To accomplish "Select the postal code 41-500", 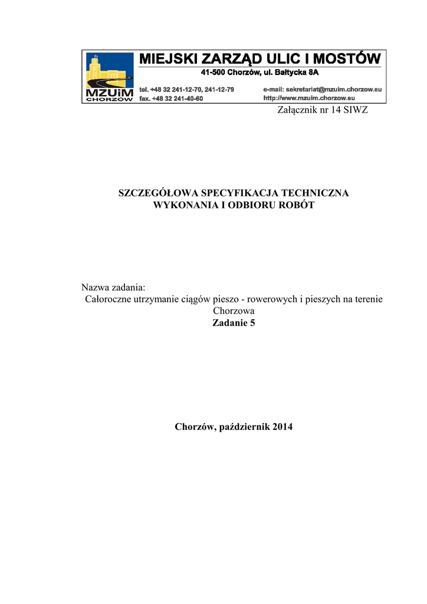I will point(213,73).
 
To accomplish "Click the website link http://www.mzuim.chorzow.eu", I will point(308,98).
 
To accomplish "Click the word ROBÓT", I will point(299,205).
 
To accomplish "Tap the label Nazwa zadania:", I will point(113,287).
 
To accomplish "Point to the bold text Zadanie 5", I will point(234,323).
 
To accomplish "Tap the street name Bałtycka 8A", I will point(300,73).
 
